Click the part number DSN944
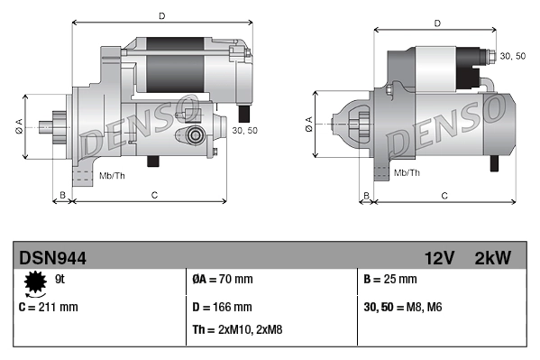(x=52, y=258)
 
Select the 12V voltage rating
(x=440, y=258)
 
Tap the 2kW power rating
(x=492, y=258)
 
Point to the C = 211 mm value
(x=49, y=307)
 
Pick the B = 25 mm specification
(x=390, y=279)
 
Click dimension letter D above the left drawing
(x=161, y=15)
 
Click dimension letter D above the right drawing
(x=436, y=23)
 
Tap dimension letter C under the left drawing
(x=154, y=195)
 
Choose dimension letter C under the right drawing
(x=444, y=195)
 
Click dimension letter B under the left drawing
(x=62, y=195)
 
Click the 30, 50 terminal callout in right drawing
(x=512, y=56)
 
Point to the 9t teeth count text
(x=59, y=279)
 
